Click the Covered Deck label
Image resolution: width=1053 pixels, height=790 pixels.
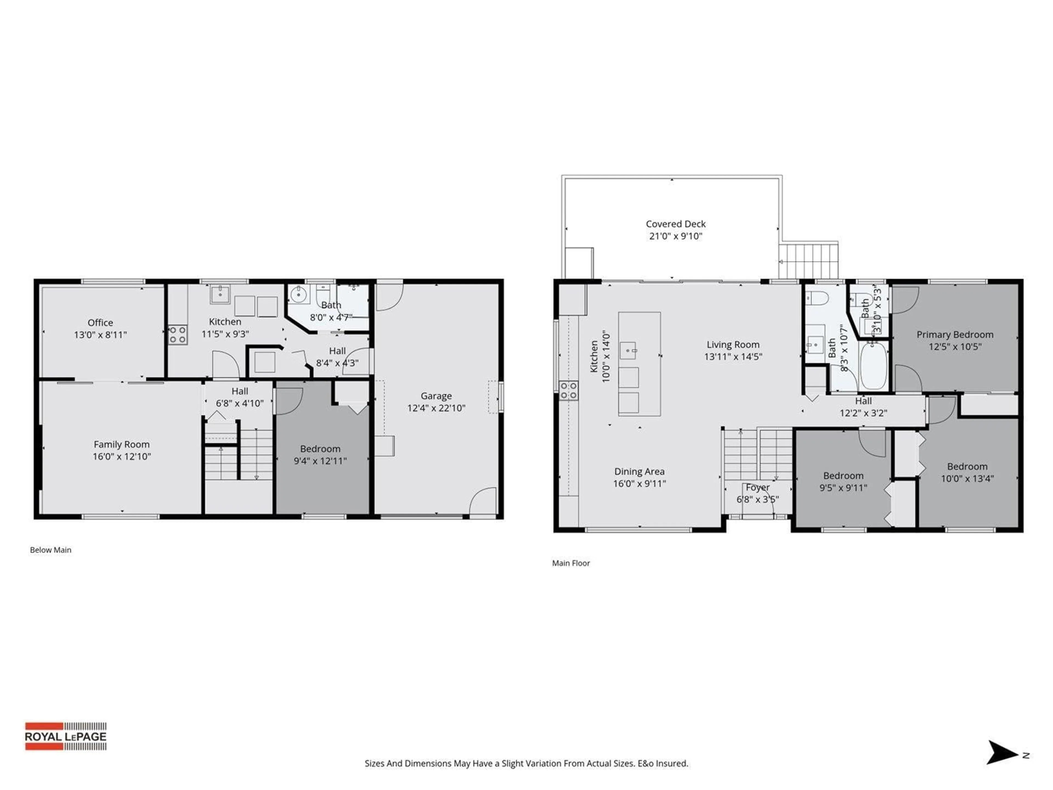675,224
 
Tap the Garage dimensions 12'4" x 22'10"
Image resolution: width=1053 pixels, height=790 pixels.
436,408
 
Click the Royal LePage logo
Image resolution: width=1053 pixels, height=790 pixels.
66,736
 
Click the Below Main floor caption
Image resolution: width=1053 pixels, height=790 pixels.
50,550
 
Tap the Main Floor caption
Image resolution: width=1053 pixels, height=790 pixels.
571,563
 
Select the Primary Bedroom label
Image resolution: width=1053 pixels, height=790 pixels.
955,335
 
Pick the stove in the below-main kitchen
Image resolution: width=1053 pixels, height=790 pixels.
178,334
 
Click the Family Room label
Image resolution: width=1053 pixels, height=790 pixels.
121,444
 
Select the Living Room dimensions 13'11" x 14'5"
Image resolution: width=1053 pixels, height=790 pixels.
733,357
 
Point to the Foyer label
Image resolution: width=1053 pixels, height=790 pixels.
757,488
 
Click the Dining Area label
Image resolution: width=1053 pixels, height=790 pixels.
639,472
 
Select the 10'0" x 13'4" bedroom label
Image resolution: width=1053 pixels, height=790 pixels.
967,467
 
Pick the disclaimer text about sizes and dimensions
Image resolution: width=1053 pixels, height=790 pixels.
526,763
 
